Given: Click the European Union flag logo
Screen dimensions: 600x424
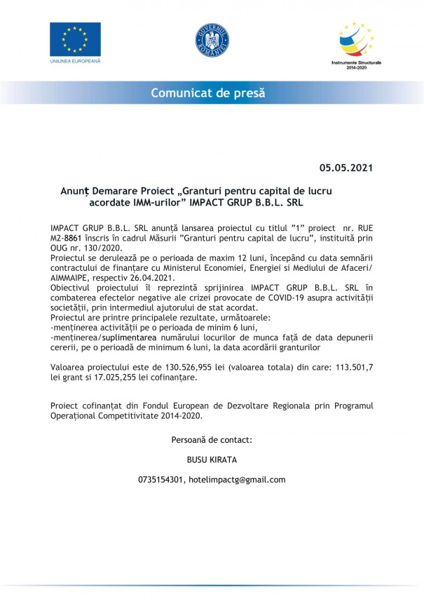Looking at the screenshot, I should pyautogui.click(x=75, y=39).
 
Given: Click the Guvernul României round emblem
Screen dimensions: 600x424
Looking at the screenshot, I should pyautogui.click(x=212, y=40).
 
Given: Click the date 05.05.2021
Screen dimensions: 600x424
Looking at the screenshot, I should pyautogui.click(x=346, y=168).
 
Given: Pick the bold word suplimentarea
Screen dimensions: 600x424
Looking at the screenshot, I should pyautogui.click(x=135, y=337).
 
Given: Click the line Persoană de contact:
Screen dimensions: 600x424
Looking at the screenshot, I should pyautogui.click(x=212, y=440).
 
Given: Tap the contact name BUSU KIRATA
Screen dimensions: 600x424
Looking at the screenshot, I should pyautogui.click(x=212, y=460).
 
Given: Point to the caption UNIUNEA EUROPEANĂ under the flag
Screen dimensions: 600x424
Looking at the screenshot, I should pyautogui.click(x=75, y=61).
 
